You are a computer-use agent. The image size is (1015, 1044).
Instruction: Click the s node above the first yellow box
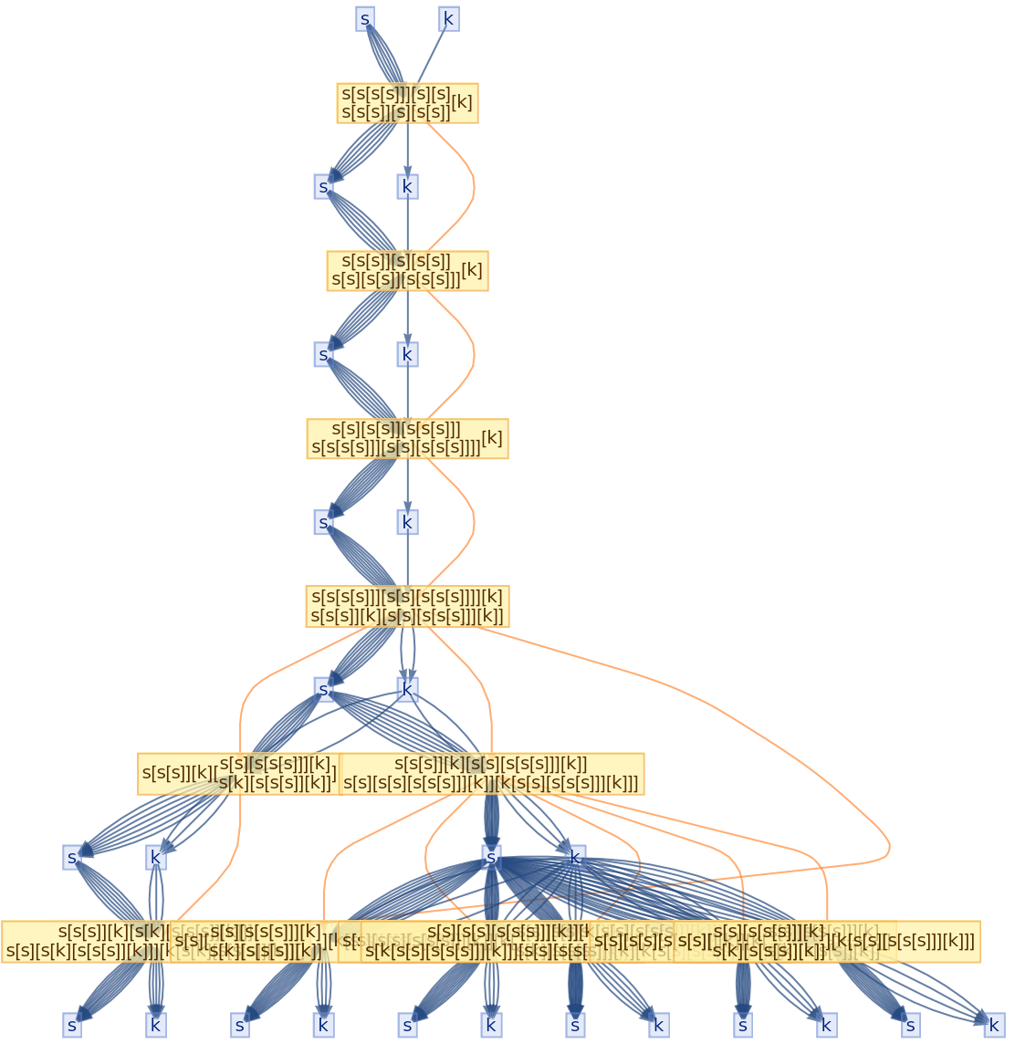tap(365, 18)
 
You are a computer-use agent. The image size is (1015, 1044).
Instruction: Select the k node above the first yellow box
tap(448, 18)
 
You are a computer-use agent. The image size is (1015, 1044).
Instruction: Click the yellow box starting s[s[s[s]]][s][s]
tap(407, 102)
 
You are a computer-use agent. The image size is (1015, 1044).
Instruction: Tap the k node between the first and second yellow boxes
tap(408, 186)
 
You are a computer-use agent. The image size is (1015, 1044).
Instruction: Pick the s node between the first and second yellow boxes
tap(323, 186)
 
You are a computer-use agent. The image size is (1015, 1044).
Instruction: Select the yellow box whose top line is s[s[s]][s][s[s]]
tap(407, 270)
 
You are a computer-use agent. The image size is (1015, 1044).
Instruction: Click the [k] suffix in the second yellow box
tap(472, 270)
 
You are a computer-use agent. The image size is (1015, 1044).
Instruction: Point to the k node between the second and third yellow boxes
tap(408, 354)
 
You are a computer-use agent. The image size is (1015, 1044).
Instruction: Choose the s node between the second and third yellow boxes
tap(323, 354)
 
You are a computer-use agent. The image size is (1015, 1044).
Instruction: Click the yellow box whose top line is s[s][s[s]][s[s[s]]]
tap(407, 438)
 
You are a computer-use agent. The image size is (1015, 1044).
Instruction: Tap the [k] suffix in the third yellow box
tap(492, 438)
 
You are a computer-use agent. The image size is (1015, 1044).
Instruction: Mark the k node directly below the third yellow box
tap(408, 522)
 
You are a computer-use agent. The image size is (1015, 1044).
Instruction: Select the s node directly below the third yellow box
tap(323, 522)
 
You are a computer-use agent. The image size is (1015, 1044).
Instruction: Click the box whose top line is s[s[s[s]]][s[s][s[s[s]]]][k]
tap(407, 606)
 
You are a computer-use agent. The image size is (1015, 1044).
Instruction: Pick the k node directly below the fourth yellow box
tap(408, 689)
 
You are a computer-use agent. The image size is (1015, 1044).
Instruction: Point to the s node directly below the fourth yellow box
tap(323, 689)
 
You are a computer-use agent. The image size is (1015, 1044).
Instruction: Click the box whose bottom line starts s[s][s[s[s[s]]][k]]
tap(491, 774)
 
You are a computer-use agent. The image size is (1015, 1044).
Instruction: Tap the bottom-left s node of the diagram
tap(72, 1025)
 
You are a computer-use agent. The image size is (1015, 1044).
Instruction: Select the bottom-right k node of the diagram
tap(994, 1025)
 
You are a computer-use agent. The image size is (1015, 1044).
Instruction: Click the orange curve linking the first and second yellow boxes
tap(474, 187)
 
